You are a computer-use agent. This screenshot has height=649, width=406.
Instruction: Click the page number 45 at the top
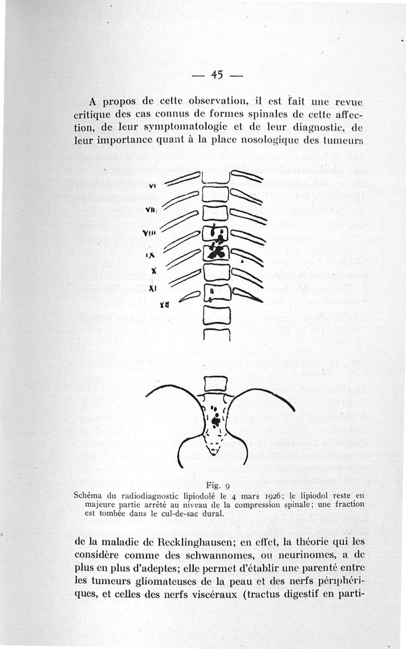click(217, 75)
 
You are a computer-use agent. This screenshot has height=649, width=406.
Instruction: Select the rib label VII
click(151, 210)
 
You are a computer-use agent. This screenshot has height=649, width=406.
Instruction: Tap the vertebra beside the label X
click(217, 273)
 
